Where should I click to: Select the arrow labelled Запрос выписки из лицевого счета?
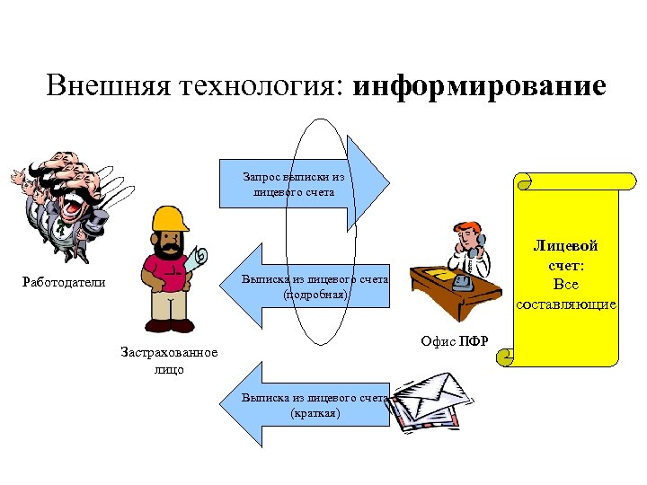pyautogui.click(x=306, y=184)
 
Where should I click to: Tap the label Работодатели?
pyautogui.click(x=64, y=283)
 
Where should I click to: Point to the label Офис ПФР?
pyautogui.click(x=454, y=340)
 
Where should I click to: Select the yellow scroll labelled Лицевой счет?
pyautogui.click(x=566, y=269)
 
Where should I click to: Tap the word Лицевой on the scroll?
pyautogui.click(x=565, y=245)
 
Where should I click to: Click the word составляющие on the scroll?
pyautogui.click(x=566, y=304)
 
